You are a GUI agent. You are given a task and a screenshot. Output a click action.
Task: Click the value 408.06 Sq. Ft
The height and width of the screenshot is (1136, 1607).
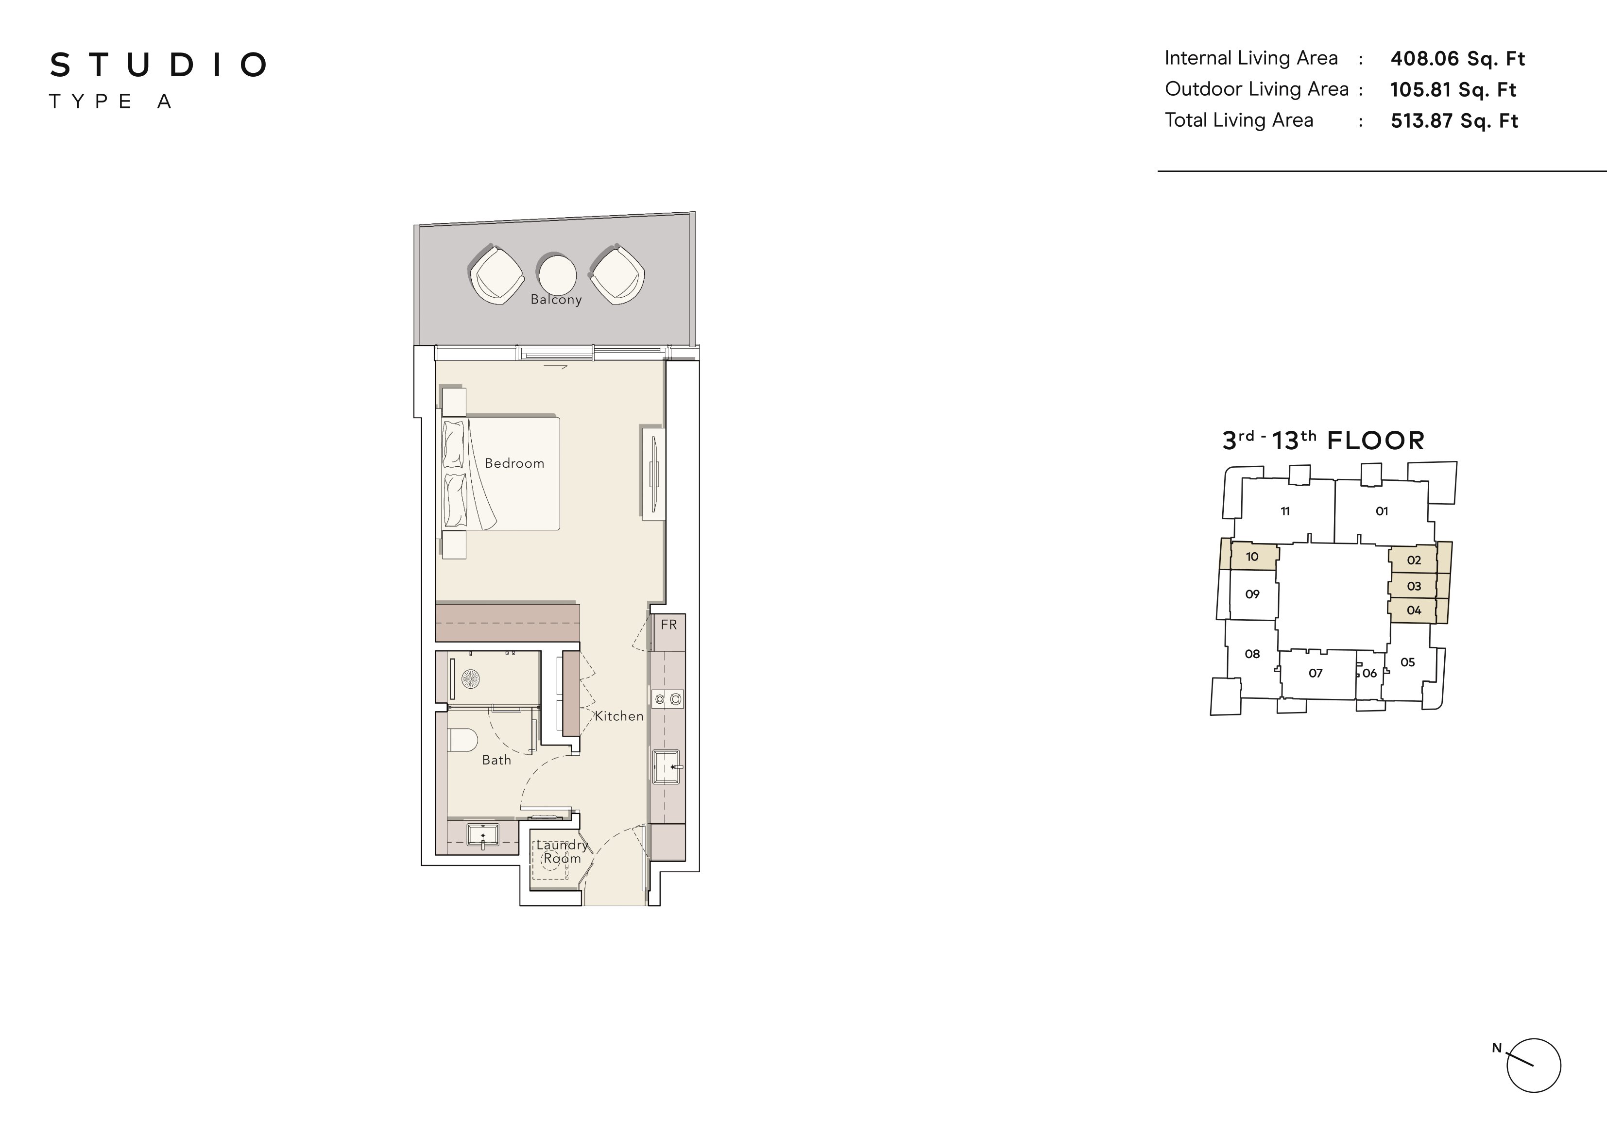(1457, 59)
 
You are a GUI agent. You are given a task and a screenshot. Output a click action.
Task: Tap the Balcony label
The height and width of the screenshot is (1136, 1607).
(556, 300)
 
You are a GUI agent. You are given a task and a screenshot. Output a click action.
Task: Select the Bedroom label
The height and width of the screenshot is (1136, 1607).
(514, 463)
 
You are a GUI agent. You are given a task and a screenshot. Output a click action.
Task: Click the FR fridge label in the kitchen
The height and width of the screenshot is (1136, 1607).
(668, 625)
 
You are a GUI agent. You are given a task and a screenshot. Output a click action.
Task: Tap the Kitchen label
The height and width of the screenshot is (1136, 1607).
(619, 716)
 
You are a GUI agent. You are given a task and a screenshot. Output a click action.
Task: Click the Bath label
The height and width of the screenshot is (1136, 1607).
(496, 760)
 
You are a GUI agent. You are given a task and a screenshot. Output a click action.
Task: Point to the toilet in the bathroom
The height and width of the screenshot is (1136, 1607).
(462, 740)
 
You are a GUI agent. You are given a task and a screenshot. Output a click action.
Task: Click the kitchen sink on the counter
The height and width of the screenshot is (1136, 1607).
(667, 767)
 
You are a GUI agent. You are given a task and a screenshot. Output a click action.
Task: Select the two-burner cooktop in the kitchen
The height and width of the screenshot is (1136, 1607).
(667, 698)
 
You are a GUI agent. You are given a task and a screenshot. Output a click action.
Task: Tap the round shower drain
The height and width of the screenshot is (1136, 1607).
(470, 679)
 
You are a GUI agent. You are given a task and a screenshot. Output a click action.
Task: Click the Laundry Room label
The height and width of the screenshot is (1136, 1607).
(562, 852)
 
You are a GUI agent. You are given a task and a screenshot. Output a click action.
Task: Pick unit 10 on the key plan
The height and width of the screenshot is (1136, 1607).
(1252, 557)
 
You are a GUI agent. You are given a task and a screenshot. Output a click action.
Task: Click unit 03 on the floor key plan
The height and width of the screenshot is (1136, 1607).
(1414, 587)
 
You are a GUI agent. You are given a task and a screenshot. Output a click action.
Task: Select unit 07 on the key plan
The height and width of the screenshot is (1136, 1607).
(1316, 673)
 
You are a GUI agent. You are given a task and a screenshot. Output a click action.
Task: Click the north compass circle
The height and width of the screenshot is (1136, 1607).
(1534, 1065)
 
